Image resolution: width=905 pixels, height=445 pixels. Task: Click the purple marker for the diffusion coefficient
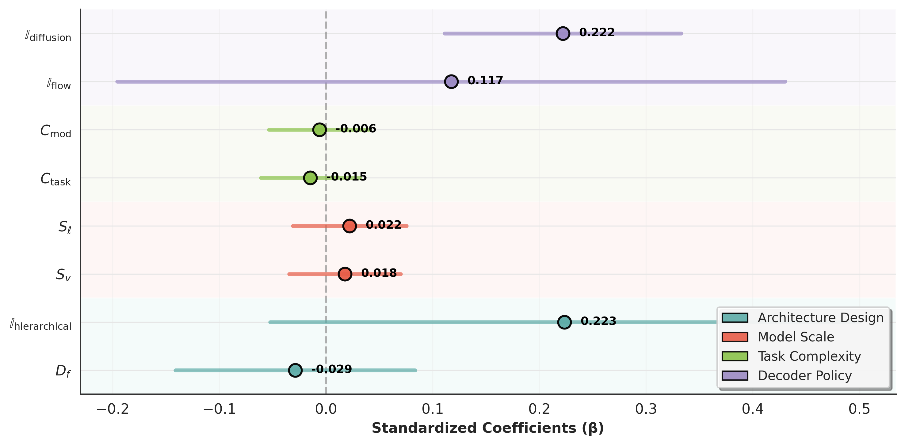[x=563, y=33]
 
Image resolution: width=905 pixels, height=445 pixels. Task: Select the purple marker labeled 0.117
[x=451, y=82]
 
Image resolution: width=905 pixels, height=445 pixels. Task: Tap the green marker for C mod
[x=319, y=130]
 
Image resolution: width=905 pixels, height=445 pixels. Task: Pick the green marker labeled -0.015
[x=310, y=178]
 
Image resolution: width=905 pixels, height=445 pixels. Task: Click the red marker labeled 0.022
[x=349, y=226]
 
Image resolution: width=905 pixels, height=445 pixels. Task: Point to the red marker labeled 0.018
[x=345, y=274]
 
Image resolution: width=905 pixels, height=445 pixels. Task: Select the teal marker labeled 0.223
[x=564, y=322]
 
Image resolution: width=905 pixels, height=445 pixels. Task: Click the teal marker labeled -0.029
[x=295, y=370]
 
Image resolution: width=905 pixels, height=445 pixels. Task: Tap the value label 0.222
[x=597, y=32]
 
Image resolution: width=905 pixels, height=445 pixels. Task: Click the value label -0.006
[x=356, y=128]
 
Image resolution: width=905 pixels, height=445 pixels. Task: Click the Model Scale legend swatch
[x=735, y=337]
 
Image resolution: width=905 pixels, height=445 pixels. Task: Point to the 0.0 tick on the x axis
[x=326, y=409]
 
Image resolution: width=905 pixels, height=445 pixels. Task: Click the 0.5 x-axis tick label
[x=859, y=409]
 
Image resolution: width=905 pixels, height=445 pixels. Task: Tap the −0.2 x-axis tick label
[x=113, y=409]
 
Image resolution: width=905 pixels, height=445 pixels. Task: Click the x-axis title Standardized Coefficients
[x=488, y=428]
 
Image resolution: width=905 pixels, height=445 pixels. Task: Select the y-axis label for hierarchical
[x=41, y=325]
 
